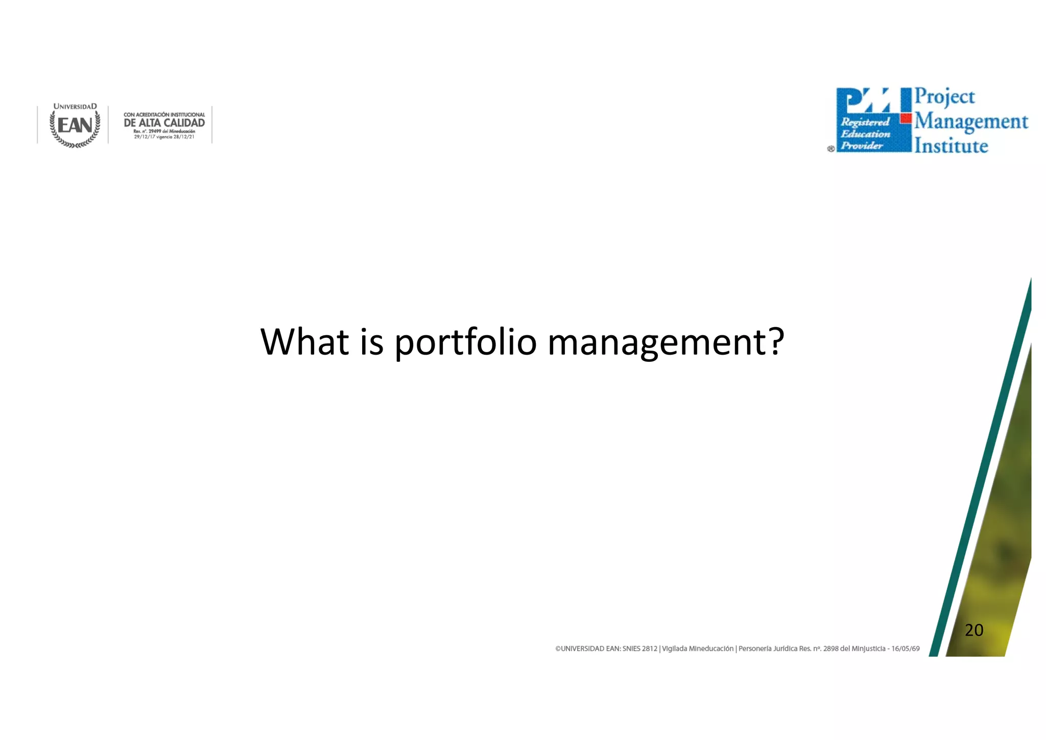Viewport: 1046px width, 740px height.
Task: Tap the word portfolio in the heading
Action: [465, 342]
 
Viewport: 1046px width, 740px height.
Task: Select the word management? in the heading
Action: [665, 342]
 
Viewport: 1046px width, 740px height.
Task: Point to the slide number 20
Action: [973, 630]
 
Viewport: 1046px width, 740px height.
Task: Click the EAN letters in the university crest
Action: [75, 125]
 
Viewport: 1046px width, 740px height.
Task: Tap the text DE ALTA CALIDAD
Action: [164, 123]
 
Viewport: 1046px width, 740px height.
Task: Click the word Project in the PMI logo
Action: [944, 97]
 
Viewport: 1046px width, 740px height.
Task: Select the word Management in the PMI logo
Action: [971, 122]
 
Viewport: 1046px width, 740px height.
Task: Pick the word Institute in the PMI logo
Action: [951, 146]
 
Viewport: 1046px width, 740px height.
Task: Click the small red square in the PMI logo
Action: [906, 119]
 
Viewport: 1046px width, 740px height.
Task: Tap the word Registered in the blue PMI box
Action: [865, 122]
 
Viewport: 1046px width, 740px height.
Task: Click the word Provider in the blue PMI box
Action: [862, 146]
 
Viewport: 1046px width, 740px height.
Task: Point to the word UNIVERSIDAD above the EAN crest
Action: [75, 106]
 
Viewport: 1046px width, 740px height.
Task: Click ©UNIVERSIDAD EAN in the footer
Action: [587, 649]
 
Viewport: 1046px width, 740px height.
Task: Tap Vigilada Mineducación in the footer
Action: [697, 649]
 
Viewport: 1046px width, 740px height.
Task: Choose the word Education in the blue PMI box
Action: [865, 134]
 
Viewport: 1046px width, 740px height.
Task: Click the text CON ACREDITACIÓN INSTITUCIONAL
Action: [164, 114]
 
